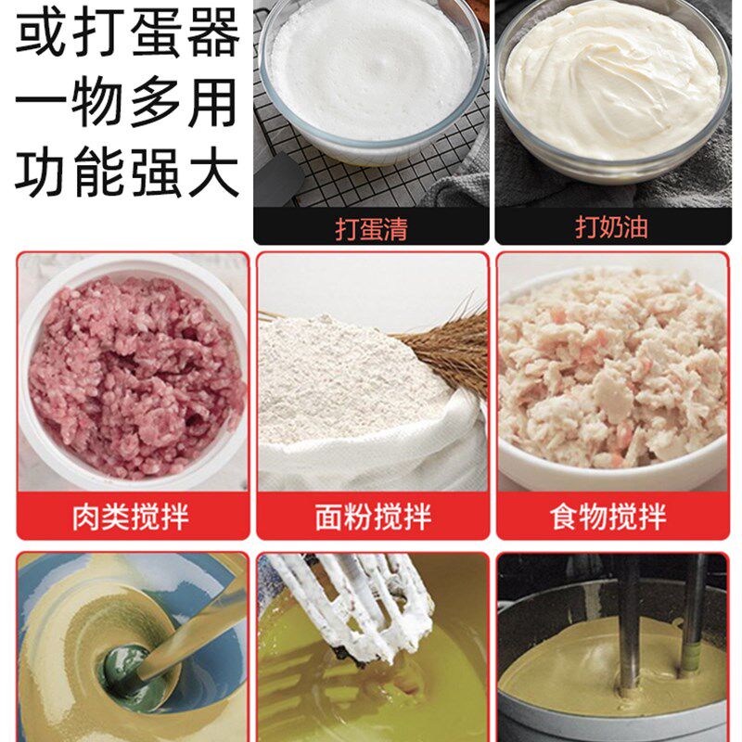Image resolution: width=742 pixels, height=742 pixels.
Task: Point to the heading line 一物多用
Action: (127, 103)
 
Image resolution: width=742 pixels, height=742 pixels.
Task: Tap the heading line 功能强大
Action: (127, 173)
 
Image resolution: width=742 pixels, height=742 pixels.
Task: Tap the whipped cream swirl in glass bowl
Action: (612, 79)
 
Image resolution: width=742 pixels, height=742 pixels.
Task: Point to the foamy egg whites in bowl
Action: (371, 70)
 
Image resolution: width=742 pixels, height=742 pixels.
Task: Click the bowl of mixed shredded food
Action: (612, 371)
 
